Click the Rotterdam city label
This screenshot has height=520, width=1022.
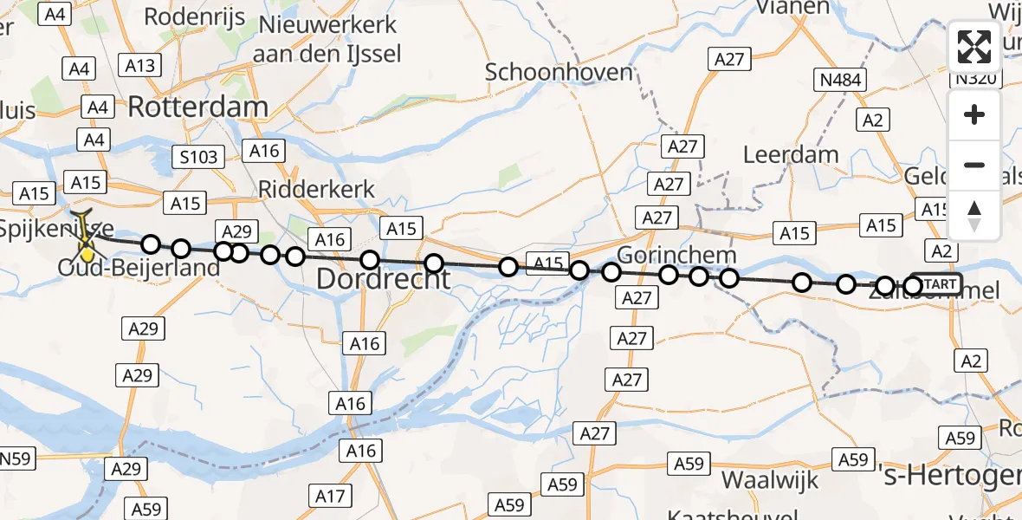coord(198,107)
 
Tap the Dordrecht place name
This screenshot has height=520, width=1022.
coord(383,278)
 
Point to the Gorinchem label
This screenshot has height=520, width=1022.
coord(677,256)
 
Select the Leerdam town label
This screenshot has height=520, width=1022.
coord(792,155)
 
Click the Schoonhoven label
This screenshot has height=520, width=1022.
coord(560,72)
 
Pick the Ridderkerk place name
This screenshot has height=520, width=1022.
coord(317,190)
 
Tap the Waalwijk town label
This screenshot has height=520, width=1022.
coord(765,479)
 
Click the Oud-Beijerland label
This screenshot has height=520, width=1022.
coord(139,268)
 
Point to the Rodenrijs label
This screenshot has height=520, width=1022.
coord(194,16)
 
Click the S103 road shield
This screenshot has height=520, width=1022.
coord(198,157)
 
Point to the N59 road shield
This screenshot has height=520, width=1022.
coord(15,458)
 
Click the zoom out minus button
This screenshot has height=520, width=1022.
coord(974,165)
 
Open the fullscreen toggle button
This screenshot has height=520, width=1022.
coord(974,47)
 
